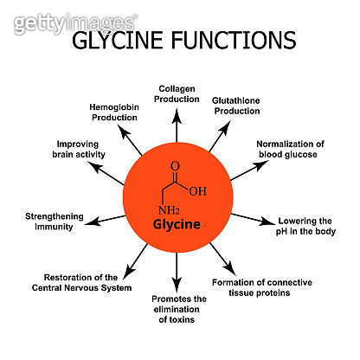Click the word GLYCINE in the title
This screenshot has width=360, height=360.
pyautogui.click(x=123, y=40)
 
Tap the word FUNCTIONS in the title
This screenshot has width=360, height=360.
pyautogui.click(x=233, y=40)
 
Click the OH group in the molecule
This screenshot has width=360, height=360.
pyautogui.click(x=197, y=191)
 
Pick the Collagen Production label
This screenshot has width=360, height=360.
pyautogui.click(x=177, y=93)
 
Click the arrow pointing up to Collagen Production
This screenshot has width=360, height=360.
pyautogui.click(x=177, y=123)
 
